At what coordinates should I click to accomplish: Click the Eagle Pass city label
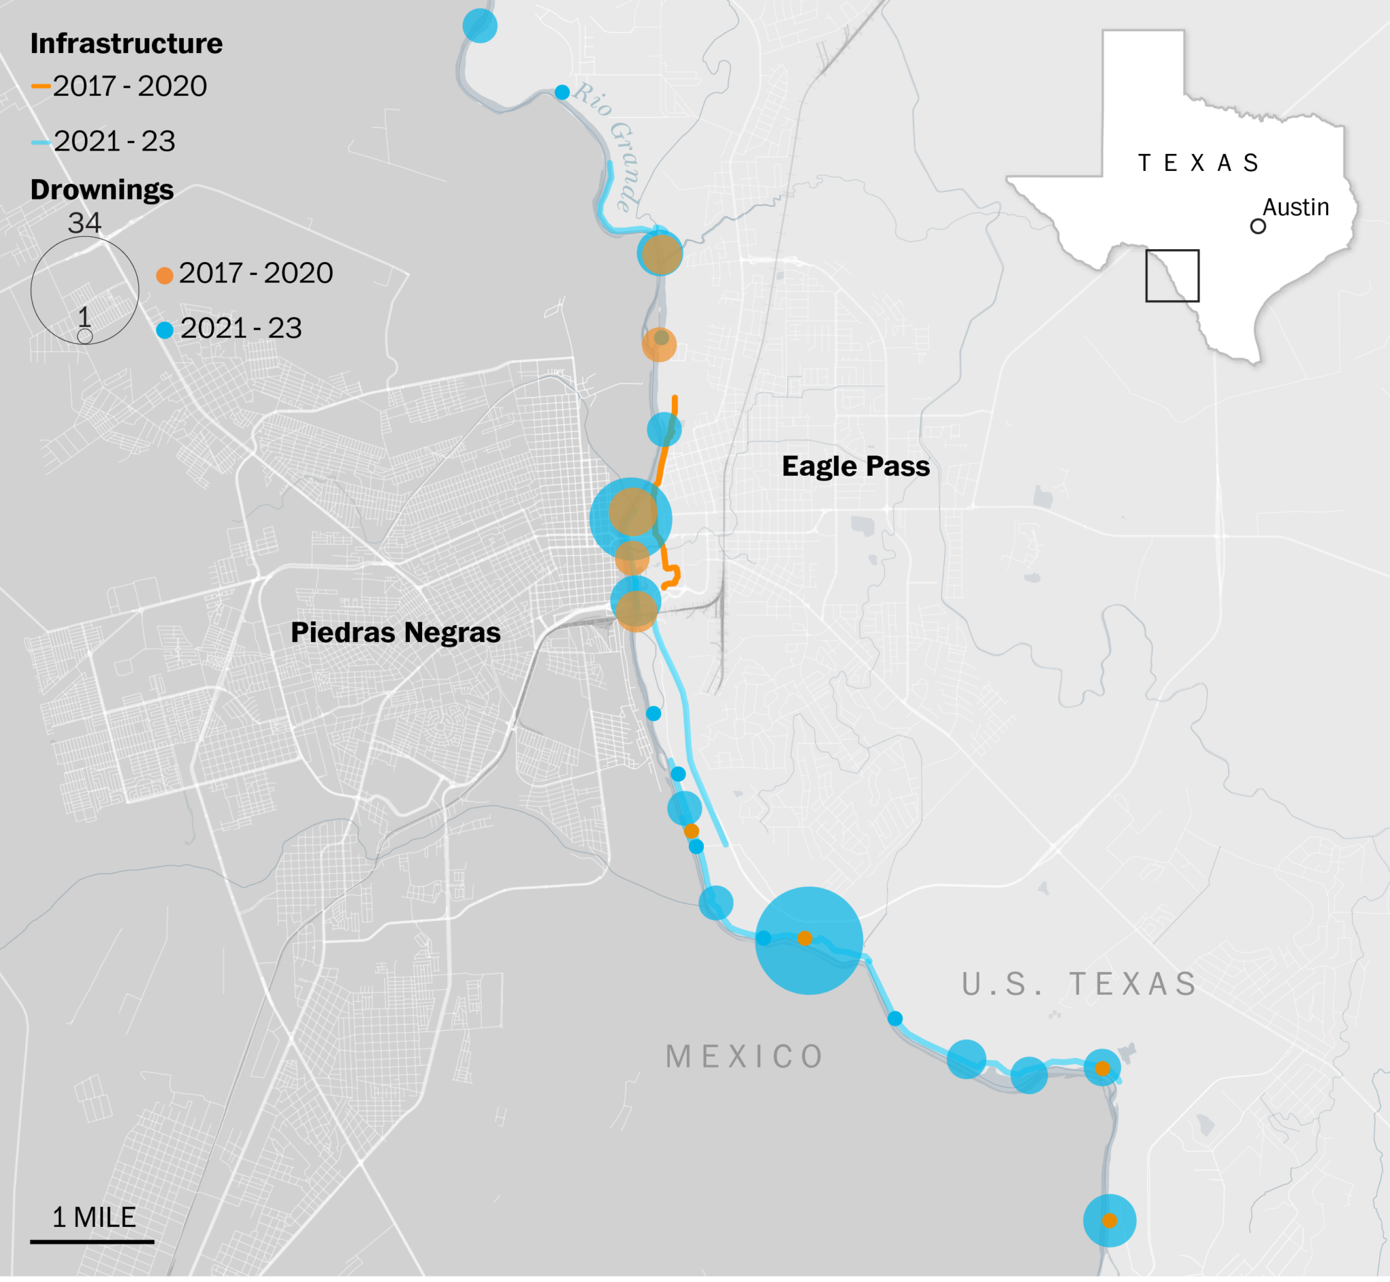coord(855,466)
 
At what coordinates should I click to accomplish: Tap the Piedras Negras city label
coord(396,632)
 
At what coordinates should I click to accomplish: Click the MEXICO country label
coord(745,1057)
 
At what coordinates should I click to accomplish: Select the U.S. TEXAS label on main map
coord(1079,983)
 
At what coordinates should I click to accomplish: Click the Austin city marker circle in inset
coord(1258,226)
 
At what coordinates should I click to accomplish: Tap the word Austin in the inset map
coord(1295,207)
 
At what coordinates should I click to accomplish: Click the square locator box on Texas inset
coord(1171,276)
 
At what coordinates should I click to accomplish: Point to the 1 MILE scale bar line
coord(92,1241)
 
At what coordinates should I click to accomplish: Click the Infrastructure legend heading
coord(126,43)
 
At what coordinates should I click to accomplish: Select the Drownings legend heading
coord(102,189)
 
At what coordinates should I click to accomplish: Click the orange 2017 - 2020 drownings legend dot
coord(164,276)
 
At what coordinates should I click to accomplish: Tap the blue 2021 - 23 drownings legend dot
coord(164,331)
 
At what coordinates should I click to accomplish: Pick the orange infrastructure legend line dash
coord(40,86)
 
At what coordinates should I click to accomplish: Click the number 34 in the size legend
coord(85,223)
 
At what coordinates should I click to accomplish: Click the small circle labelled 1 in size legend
coord(85,337)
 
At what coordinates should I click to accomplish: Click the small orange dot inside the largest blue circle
coord(804,939)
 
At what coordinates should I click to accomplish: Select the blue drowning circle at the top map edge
coord(480,26)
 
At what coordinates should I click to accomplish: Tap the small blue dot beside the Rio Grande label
coord(562,92)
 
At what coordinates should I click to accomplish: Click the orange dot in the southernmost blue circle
coord(1109,1220)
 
